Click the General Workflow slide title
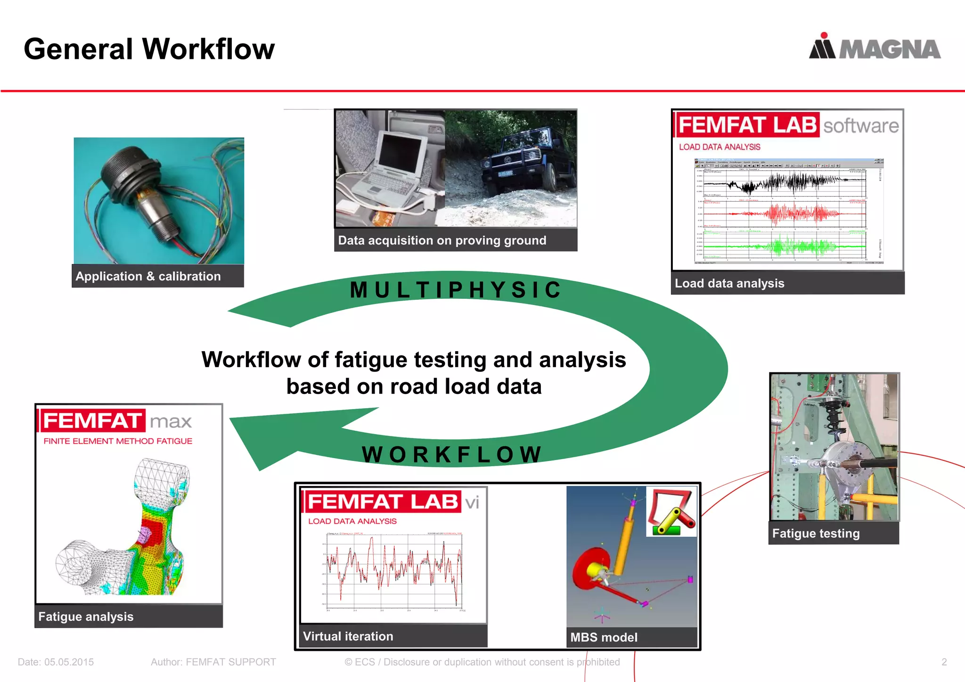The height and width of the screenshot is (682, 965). tap(149, 49)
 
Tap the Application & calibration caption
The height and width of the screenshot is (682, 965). tap(148, 276)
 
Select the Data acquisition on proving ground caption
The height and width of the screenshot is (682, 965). tap(442, 240)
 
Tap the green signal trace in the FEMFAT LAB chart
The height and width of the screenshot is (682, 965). tap(796, 246)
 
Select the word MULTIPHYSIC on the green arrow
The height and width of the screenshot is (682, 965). tap(456, 289)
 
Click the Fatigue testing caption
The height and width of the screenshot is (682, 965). tap(816, 533)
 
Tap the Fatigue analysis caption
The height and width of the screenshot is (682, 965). tap(86, 616)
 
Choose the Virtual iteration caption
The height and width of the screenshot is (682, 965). tap(348, 636)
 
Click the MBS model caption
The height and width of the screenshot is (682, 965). tap(604, 637)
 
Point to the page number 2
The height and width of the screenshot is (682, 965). tap(944, 662)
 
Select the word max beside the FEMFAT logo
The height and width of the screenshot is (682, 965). tap(171, 421)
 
